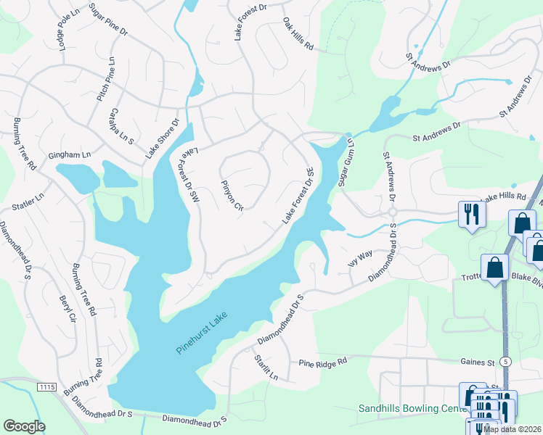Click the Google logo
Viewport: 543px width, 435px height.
[24, 426]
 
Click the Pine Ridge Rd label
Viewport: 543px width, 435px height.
[323, 361]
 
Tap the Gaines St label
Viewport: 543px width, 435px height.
[476, 362]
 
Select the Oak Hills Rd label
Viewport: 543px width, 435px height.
[298, 35]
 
